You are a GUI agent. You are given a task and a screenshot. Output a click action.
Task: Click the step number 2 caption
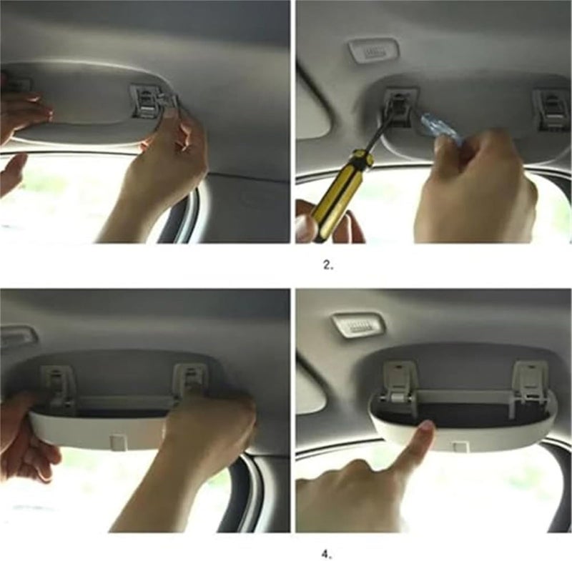(x=328, y=265)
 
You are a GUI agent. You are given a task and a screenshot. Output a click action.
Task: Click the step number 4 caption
(x=327, y=555)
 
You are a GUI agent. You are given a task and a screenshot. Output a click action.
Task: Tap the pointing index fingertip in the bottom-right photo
(x=425, y=427)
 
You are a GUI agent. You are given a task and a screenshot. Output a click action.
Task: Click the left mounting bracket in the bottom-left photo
(x=59, y=387)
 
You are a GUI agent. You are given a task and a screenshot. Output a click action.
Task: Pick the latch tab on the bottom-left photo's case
(x=118, y=442)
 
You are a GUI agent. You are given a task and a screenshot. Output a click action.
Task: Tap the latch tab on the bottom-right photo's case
(x=460, y=447)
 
